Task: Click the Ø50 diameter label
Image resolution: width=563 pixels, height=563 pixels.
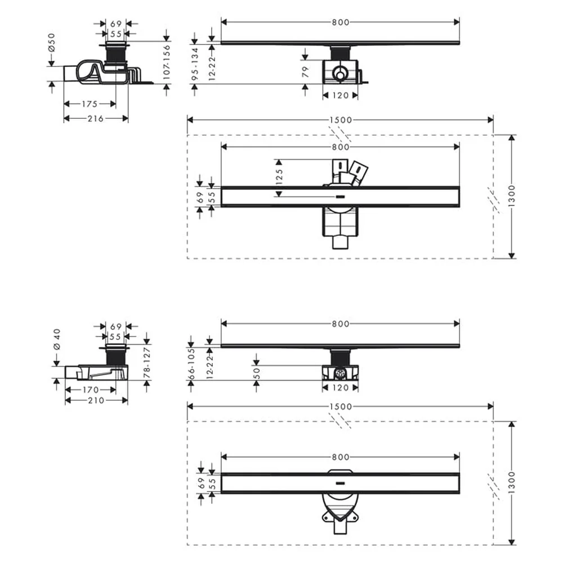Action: (52, 43)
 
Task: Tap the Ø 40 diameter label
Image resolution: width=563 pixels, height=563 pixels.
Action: (57, 339)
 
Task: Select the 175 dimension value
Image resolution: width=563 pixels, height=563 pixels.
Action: (90, 104)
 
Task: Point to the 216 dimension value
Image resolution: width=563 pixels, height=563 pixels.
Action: (96, 118)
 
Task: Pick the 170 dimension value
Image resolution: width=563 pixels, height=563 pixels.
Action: (91, 390)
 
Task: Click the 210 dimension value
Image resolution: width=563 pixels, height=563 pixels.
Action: (96, 400)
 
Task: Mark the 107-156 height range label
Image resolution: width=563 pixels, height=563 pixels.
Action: (167, 62)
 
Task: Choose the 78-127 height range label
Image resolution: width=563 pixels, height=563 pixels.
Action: (147, 363)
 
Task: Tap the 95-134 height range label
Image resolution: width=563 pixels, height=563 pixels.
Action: (195, 64)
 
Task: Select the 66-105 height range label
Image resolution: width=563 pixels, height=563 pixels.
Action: (191, 363)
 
